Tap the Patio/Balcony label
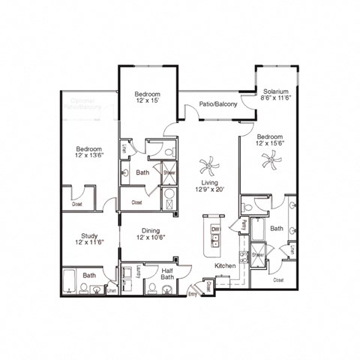click(218, 104)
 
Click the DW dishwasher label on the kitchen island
click(215, 229)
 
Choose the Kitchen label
click(226, 265)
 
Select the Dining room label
click(149, 232)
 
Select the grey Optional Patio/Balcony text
click(87, 104)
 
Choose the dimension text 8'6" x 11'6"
click(275, 97)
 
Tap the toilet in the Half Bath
click(152, 288)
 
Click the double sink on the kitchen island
click(215, 241)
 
